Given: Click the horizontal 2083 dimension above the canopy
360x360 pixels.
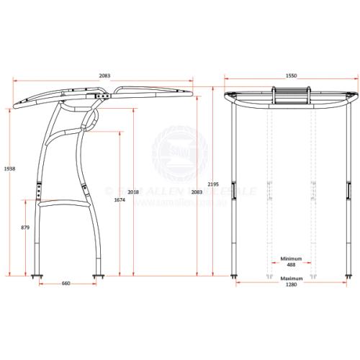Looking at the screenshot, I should coord(104,75).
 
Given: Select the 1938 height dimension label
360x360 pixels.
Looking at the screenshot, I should coord(9,168).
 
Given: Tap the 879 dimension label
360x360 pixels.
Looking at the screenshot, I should coord(26,228).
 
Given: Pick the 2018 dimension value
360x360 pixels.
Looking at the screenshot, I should coord(132,192).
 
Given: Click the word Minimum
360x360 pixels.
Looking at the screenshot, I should coord(291,258).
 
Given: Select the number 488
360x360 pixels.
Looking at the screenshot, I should coord(291,264).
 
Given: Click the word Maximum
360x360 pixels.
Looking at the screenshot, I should coord(291,278).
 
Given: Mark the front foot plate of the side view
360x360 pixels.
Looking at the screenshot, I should coord(99,274).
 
